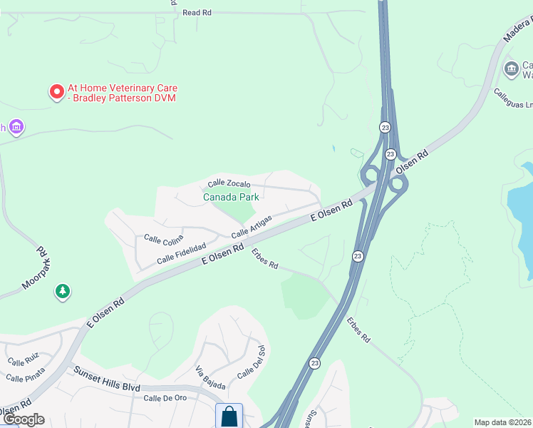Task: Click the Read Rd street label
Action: point(197,13)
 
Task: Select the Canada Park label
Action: point(230,197)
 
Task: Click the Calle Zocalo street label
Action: point(231,183)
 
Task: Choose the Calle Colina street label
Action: point(163,238)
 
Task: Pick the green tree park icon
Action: point(63,291)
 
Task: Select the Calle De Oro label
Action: point(165,398)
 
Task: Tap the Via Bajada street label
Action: point(210,378)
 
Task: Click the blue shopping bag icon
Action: point(229,416)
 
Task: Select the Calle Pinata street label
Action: point(26,376)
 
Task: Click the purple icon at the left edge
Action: point(16,128)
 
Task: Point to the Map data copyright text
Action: point(503,422)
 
